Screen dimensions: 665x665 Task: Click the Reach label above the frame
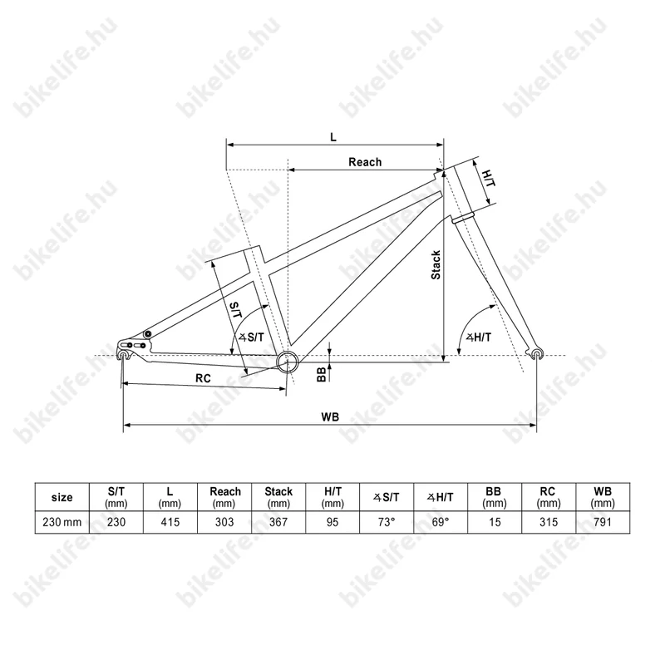(x=365, y=162)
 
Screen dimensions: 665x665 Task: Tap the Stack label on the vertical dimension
(x=436, y=265)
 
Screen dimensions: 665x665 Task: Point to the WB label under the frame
(x=330, y=417)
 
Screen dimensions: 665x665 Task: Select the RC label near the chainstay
(x=203, y=378)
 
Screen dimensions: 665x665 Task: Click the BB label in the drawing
(x=322, y=375)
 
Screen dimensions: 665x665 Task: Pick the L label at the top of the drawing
(x=333, y=137)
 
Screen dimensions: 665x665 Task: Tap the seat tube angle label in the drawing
(x=251, y=337)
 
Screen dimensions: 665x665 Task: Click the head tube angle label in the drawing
(x=479, y=337)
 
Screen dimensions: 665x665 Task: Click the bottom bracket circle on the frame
(x=288, y=362)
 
